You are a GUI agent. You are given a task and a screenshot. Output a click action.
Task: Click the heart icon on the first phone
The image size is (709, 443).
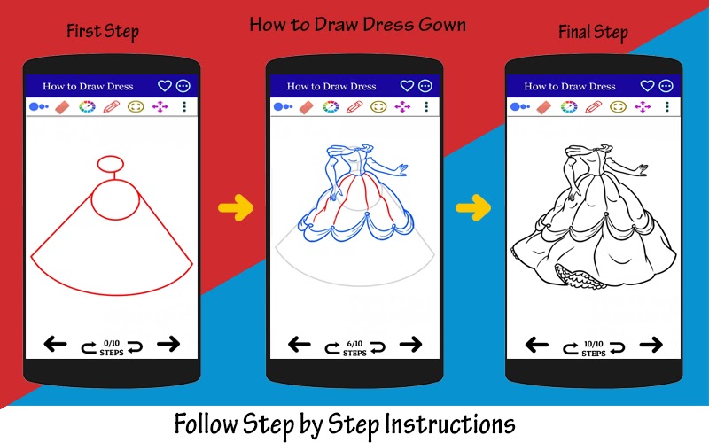point(165,85)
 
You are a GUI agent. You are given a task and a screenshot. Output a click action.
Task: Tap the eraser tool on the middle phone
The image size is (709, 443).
point(306,107)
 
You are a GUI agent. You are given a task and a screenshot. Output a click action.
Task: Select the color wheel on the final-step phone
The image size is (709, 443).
point(569,106)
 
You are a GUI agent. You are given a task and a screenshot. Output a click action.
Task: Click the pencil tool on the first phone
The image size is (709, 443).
point(112,106)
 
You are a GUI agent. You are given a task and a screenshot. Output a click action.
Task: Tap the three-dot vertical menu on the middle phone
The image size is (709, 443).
point(426,106)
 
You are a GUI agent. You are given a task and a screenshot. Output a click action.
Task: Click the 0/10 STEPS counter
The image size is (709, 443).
point(112,347)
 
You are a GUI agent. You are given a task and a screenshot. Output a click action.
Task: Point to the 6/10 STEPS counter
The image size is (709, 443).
point(354,348)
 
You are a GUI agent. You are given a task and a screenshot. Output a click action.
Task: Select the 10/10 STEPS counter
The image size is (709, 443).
point(593,348)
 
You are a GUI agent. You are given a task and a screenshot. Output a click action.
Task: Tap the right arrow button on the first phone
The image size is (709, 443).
point(168,344)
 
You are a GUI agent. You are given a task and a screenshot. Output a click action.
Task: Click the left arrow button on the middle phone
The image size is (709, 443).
point(300,345)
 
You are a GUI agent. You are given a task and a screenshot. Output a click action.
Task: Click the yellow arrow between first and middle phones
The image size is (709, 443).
point(236,208)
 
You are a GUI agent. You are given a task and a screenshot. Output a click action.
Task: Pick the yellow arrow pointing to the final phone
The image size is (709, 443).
point(473,208)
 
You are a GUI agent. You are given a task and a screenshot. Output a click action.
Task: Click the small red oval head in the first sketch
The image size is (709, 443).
point(110,164)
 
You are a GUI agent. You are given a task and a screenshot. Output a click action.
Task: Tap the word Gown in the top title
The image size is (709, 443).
point(441,25)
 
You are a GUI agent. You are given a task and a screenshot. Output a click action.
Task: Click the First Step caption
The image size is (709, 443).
point(103,31)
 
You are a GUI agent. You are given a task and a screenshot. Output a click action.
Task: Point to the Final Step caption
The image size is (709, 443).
point(593,32)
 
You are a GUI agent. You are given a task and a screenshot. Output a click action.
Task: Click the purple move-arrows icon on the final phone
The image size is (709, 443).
point(643,106)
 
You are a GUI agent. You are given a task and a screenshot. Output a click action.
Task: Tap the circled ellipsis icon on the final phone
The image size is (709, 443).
point(666,85)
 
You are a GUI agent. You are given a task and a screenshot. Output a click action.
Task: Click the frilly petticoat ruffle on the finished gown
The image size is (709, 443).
point(581,276)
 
